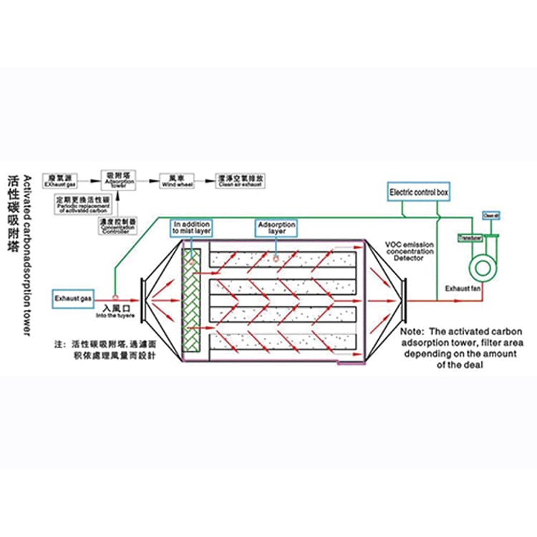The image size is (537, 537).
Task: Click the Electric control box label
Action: pyautogui.click(x=419, y=193)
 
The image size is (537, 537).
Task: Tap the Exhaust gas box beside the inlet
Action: pyautogui.click(x=72, y=296)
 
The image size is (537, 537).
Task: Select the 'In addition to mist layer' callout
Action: pyautogui.click(x=191, y=228)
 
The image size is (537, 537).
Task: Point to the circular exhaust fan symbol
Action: pyautogui.click(x=480, y=267)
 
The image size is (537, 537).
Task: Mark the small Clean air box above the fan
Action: pyautogui.click(x=490, y=215)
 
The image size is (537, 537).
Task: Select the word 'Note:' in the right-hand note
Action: pyautogui.click(x=413, y=333)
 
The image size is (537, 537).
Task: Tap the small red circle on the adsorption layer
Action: pyautogui.click(x=275, y=256)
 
